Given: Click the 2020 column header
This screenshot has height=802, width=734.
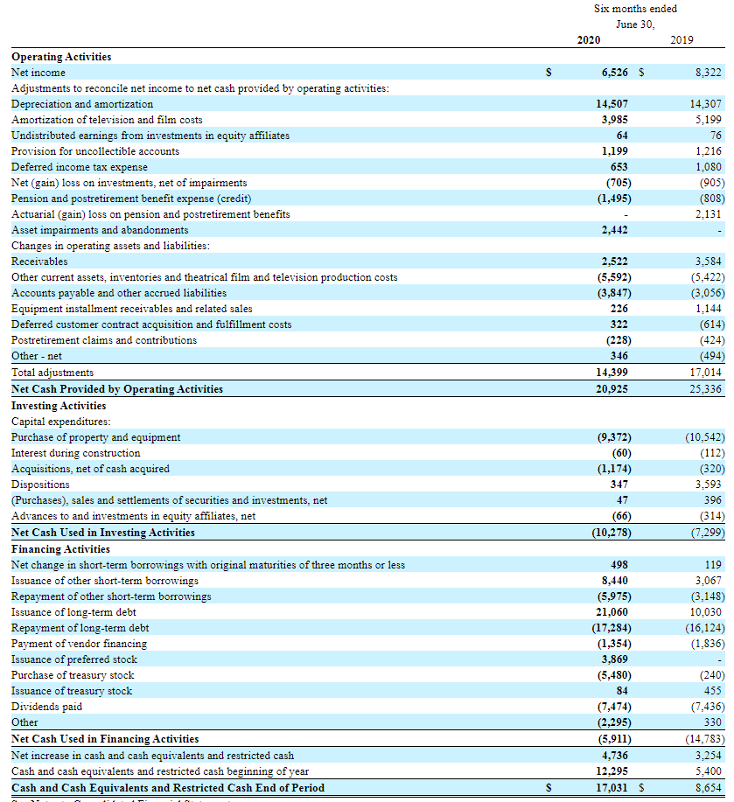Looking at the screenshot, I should pos(589,40).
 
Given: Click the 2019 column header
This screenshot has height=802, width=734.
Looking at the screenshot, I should pos(682,40).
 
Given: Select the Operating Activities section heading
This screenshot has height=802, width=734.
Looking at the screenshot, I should pos(61,57).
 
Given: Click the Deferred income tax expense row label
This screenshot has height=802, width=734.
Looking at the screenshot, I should pos(79,167).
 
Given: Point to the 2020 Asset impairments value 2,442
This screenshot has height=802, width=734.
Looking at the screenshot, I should pos(615,230).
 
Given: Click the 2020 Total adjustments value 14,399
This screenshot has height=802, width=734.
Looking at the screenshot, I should pos(612,373).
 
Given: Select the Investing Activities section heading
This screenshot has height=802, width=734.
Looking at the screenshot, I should pos(59,406).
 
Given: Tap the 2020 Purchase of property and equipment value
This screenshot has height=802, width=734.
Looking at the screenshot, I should pos(612,437).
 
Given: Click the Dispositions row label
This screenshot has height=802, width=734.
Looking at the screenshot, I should pos(40,485).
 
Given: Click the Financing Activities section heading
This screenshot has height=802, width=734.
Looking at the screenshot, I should pos(60,549).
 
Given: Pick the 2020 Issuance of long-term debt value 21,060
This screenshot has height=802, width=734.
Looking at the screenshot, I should pos(612,612).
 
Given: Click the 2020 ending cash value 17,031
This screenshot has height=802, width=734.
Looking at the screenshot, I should pos(612,787).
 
